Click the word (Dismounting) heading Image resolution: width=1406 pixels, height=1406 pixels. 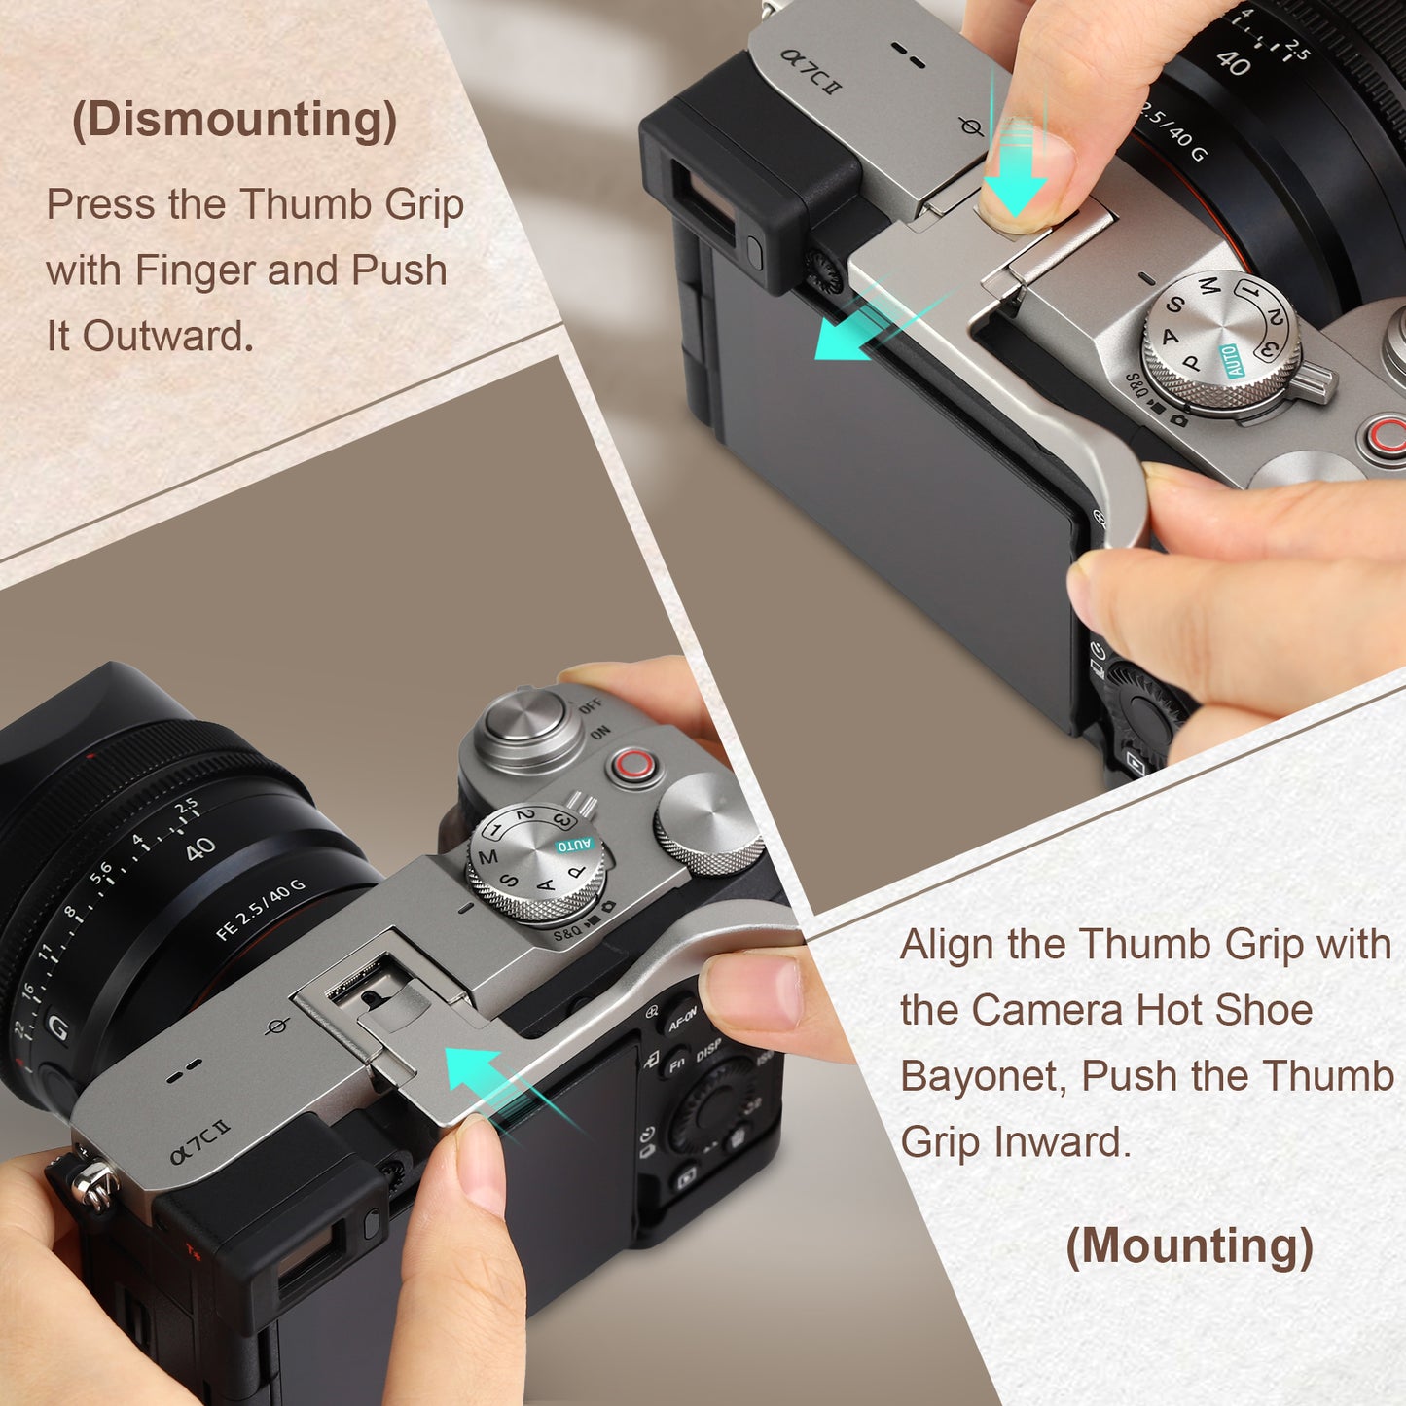tap(234, 121)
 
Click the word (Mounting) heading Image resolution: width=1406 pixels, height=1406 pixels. tap(1190, 1244)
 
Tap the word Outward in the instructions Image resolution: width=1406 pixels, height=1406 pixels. tap(166, 337)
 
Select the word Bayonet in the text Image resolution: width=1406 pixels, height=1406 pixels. tap(983, 1076)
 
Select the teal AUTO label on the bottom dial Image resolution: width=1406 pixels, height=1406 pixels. tap(574, 846)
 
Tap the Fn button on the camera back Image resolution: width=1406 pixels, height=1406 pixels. tap(676, 1066)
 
